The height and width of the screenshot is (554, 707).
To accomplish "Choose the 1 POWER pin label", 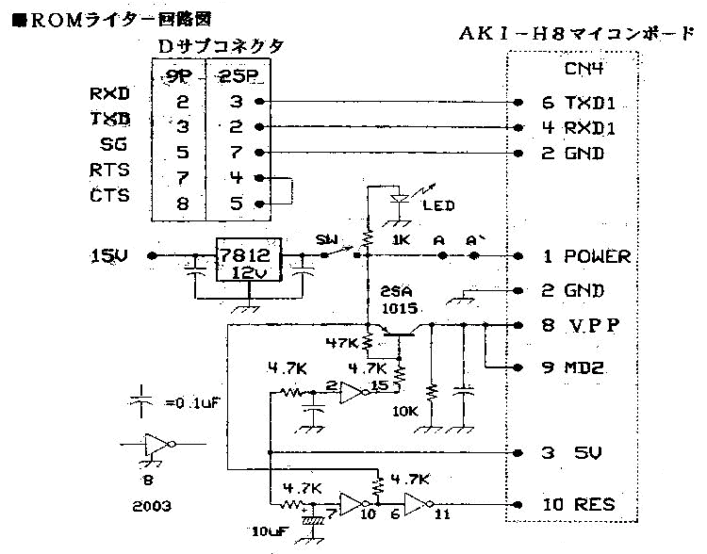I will [x=584, y=256].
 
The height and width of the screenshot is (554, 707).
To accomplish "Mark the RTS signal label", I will [x=109, y=171].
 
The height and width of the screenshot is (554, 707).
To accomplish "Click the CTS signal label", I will [x=109, y=196].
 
